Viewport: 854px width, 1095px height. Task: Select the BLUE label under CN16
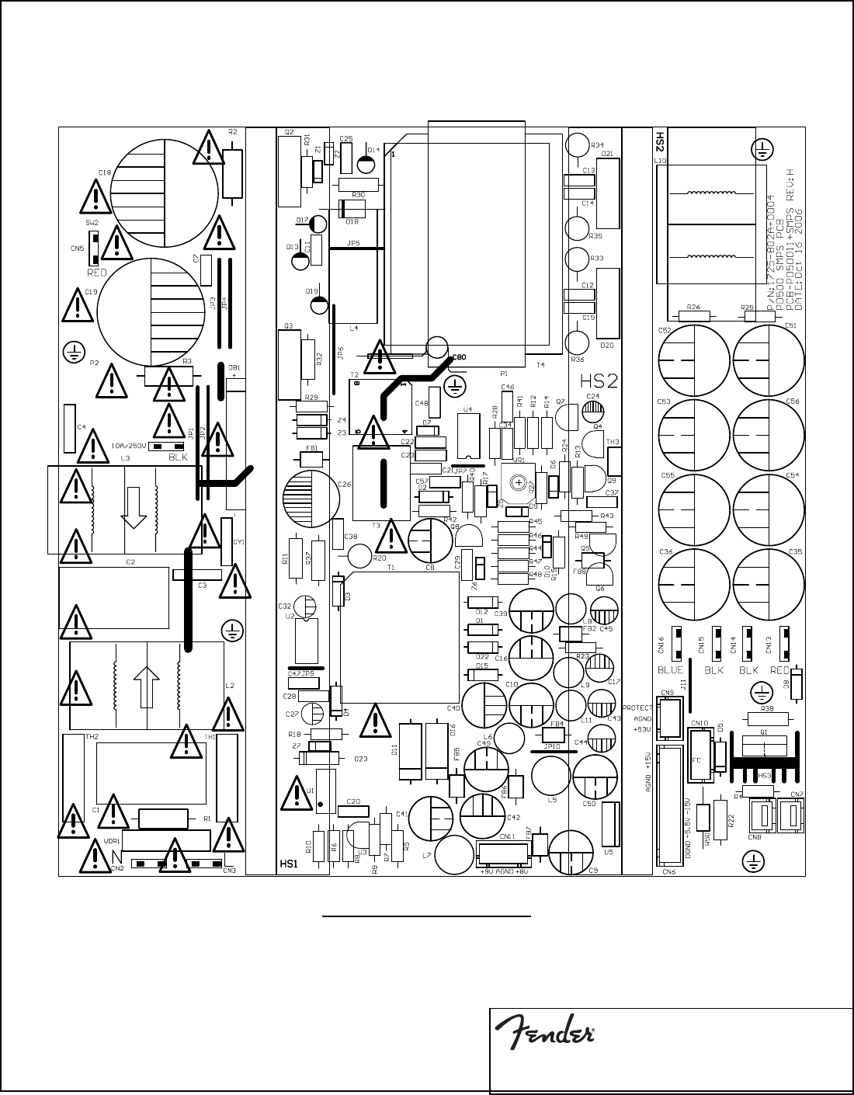tap(670, 669)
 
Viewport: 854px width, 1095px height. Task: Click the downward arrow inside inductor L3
tap(134, 507)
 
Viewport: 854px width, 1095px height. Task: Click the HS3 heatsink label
tap(765, 776)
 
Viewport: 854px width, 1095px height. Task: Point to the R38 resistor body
tap(766, 718)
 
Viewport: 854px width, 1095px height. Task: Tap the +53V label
tap(642, 729)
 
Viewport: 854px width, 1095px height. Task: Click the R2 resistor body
tap(232, 170)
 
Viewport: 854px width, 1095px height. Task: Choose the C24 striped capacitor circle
tap(592, 410)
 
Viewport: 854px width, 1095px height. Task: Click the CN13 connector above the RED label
tap(785, 643)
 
